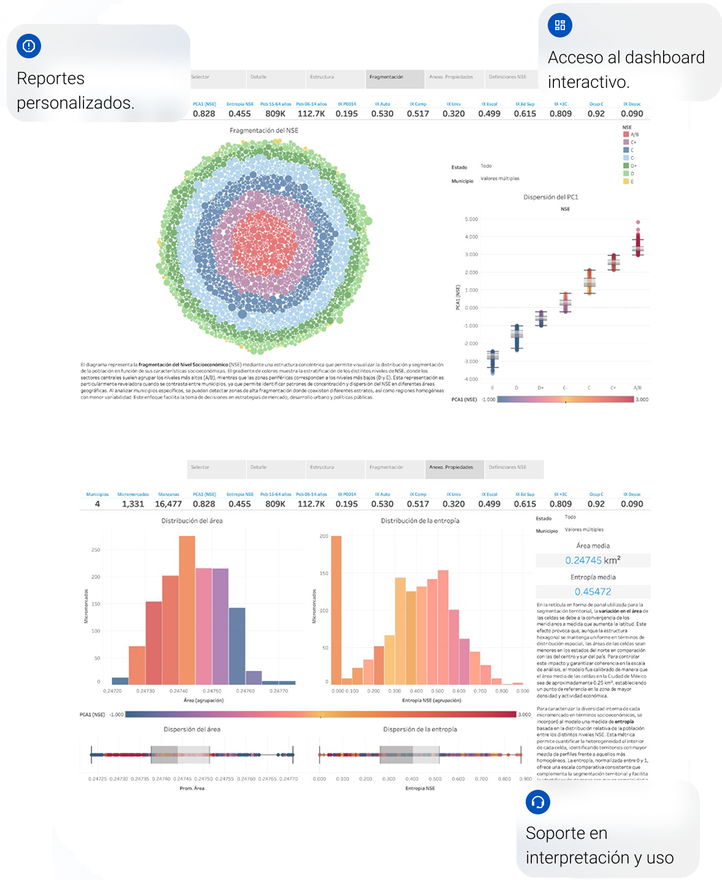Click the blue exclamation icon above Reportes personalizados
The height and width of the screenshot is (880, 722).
point(29,46)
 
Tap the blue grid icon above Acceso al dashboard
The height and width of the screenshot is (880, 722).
point(559,25)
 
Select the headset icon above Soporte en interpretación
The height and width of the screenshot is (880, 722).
point(538,802)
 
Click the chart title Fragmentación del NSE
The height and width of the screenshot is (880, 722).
point(264,131)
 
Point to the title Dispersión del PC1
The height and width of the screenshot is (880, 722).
point(550,197)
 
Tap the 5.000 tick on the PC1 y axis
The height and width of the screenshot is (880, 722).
point(471,219)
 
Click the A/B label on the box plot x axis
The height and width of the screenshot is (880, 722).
point(637,388)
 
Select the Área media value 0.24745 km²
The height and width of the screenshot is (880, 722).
point(593,560)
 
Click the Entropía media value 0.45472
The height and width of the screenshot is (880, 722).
point(593,592)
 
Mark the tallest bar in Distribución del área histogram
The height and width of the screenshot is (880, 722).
point(187,610)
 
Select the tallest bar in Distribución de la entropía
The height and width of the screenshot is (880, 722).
point(336,610)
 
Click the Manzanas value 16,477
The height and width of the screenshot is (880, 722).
point(168,504)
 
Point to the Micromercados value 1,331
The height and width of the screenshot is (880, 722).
point(132,504)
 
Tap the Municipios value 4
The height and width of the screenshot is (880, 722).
point(98,504)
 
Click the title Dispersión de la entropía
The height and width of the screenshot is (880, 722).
point(420,729)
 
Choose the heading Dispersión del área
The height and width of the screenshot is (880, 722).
point(191,729)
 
